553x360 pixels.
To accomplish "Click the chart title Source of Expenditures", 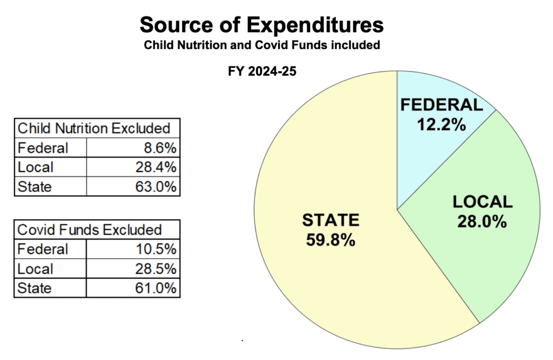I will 261,25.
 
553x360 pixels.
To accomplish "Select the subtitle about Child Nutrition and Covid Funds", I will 261,45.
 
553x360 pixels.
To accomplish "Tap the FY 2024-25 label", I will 262,71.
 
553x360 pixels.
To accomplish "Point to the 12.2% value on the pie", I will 441,125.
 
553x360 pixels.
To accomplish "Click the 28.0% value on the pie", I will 482,221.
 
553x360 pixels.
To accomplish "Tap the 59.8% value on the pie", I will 330,240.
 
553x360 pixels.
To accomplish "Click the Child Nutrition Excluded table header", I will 94,128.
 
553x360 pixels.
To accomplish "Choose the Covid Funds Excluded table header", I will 90,229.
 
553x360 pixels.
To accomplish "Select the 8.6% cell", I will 160,148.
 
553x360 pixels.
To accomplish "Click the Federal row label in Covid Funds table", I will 43,249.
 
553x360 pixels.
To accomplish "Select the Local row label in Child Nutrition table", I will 35,167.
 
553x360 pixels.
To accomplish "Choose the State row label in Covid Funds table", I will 35,288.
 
